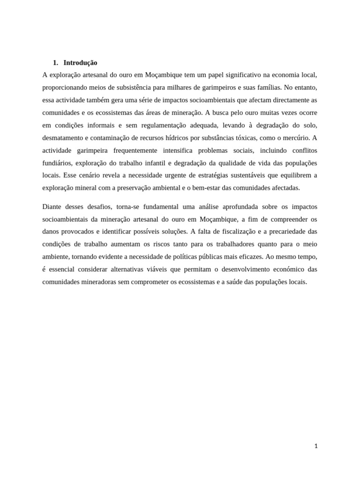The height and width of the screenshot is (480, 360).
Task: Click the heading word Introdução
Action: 80,62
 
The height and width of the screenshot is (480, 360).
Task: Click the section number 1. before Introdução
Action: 55,62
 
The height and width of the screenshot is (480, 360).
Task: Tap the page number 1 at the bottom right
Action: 316,446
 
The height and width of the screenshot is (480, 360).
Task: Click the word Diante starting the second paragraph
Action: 52,207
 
